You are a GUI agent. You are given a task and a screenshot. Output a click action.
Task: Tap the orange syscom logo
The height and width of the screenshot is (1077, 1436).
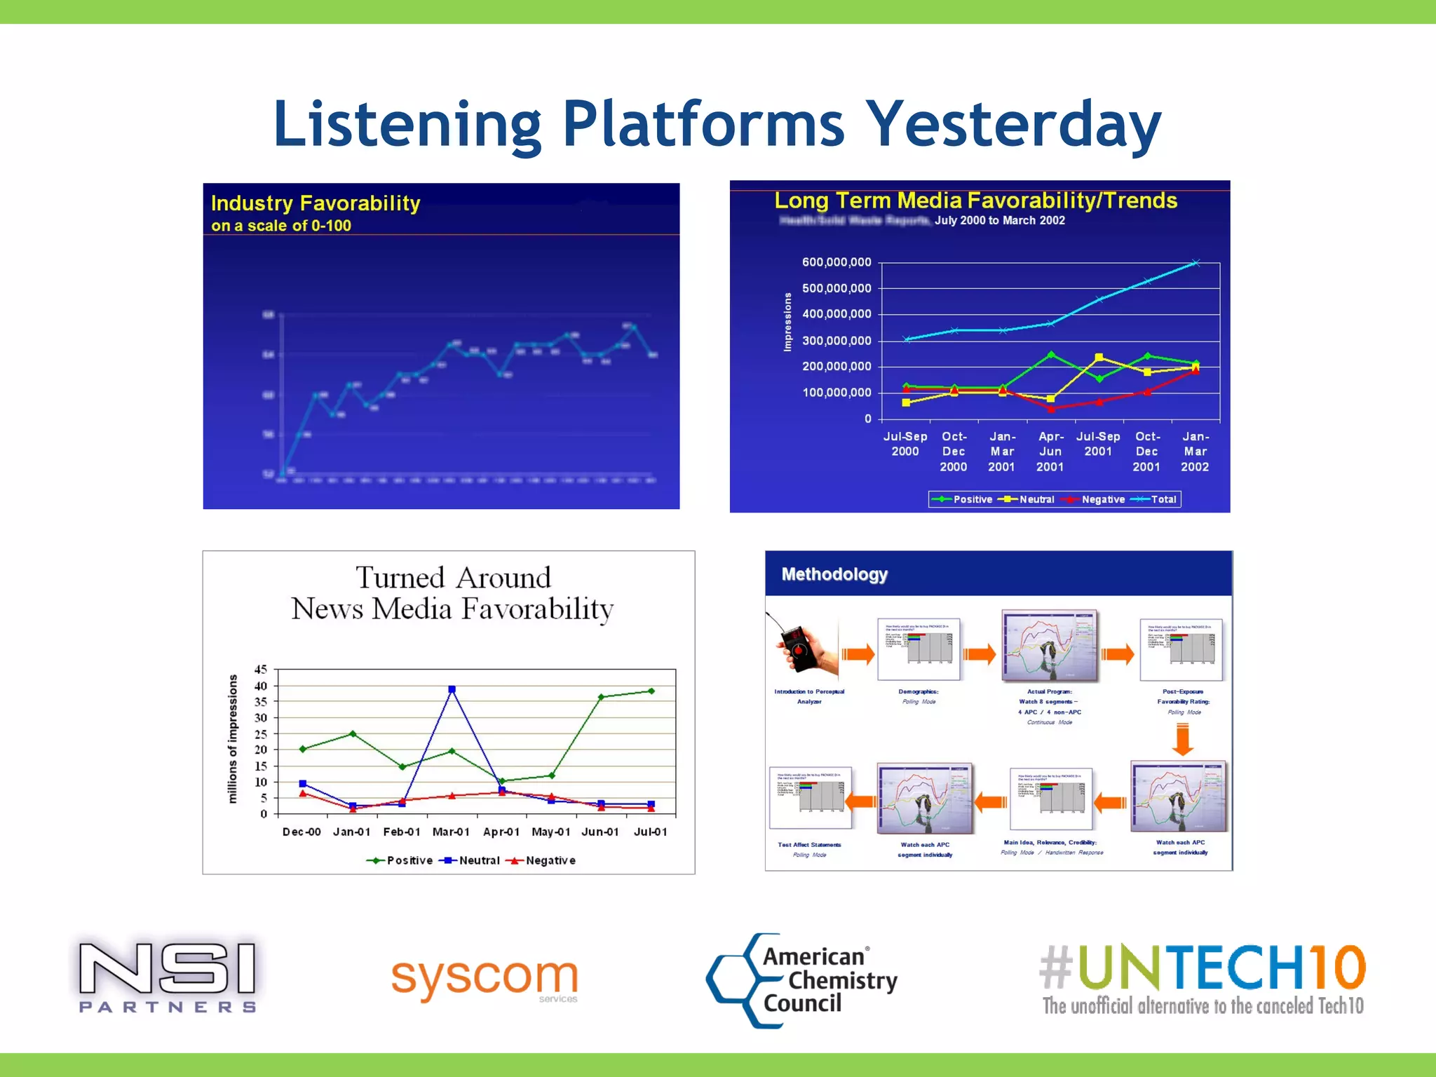485,977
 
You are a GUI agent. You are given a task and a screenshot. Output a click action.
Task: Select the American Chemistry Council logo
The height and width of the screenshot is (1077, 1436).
802,980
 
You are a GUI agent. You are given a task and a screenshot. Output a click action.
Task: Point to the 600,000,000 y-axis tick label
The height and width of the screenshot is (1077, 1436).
836,262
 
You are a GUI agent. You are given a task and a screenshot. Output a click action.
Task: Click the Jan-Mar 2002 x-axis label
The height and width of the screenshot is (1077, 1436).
1195,452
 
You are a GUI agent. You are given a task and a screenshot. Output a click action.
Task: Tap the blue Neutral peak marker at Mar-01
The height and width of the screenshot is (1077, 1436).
452,689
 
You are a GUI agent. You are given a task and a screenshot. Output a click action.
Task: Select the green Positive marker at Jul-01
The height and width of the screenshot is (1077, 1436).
651,691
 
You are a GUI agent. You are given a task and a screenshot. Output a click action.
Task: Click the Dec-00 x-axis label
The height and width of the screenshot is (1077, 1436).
302,832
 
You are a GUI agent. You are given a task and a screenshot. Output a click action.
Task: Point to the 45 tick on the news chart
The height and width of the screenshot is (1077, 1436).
261,670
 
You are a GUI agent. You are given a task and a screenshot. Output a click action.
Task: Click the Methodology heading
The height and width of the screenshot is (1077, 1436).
834,574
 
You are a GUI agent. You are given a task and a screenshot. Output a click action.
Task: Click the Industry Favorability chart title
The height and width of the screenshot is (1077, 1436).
316,203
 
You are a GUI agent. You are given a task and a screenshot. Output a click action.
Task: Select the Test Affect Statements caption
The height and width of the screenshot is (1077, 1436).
809,845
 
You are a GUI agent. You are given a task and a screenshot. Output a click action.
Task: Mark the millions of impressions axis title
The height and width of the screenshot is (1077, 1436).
233,738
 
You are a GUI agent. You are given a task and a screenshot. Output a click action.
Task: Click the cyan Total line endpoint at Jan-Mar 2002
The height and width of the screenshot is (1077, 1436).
1196,263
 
